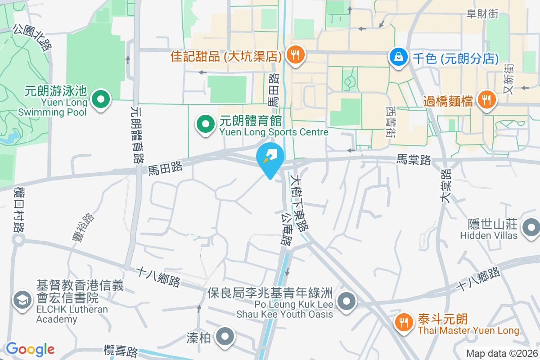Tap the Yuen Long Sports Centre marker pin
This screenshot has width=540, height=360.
[206, 125]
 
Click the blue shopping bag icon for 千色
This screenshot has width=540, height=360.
[398, 58]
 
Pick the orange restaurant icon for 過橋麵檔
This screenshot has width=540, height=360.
[486, 100]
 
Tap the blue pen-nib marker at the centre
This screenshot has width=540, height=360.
[270, 159]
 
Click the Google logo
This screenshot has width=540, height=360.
[30, 349]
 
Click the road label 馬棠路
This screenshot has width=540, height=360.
[414, 159]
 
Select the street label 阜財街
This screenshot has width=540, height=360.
[483, 14]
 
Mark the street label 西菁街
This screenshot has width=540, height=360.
[390, 121]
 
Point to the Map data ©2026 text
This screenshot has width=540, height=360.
[501, 354]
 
